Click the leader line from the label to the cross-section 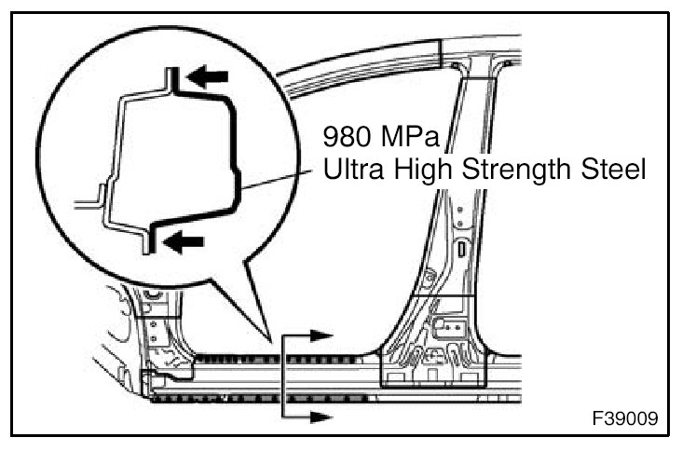point(280,182)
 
